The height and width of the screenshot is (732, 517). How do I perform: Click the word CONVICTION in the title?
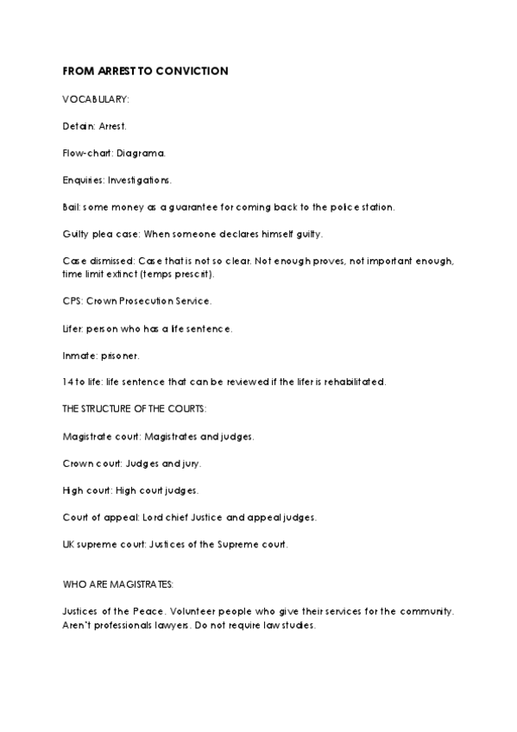tap(194, 71)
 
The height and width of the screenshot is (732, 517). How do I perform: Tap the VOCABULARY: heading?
tap(96, 99)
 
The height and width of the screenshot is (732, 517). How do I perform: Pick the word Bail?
tap(72, 206)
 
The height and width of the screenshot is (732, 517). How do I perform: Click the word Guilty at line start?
tap(77, 233)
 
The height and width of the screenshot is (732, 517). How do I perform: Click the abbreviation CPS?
tap(72, 300)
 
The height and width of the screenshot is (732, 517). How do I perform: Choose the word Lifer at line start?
tap(73, 328)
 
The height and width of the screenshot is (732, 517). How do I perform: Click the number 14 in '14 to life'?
tap(67, 382)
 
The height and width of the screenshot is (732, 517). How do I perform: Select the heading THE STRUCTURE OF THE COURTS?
tap(134, 408)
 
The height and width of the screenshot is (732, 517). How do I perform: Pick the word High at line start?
tap(73, 489)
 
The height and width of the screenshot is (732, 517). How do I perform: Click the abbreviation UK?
tap(69, 544)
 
